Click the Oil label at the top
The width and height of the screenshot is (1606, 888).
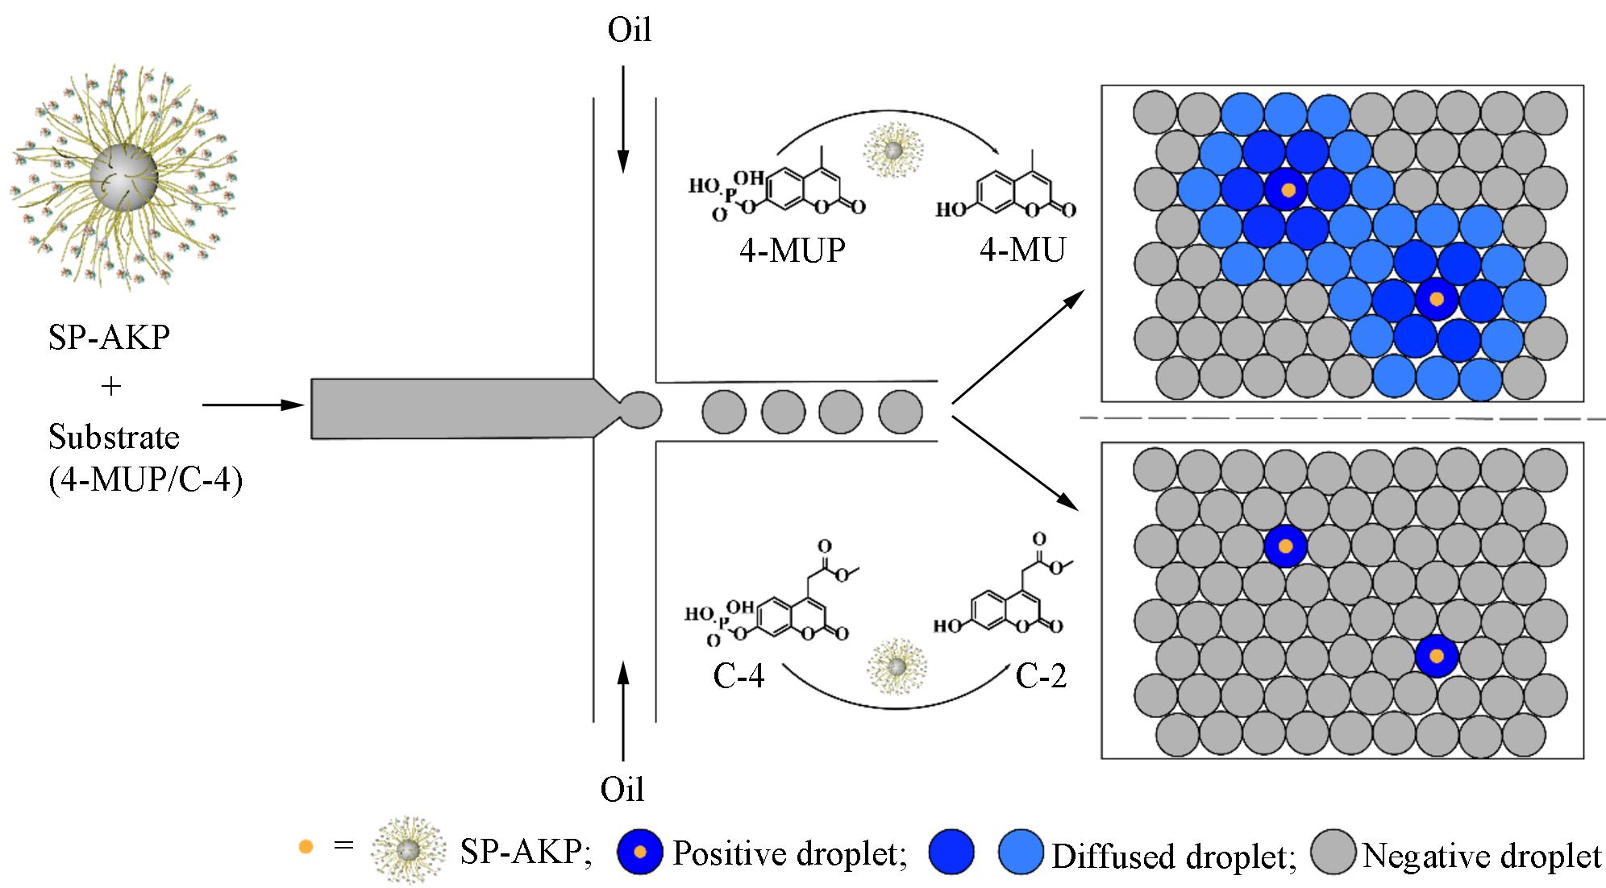click(629, 31)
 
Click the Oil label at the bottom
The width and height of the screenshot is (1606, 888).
click(622, 790)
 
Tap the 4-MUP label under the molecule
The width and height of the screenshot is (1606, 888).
click(792, 251)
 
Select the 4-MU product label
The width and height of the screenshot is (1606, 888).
click(1021, 251)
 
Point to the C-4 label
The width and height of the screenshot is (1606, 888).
click(738, 676)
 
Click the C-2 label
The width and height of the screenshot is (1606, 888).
click(1041, 676)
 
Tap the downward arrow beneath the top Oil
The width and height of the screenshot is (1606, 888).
click(622, 121)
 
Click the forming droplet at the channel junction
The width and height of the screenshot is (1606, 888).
click(641, 409)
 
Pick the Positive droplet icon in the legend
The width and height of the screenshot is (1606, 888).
click(639, 852)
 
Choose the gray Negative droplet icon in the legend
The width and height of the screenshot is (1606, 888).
click(1333, 853)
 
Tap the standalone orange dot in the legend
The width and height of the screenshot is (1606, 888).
click(306, 848)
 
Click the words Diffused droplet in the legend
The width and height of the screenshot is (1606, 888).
click(1173, 856)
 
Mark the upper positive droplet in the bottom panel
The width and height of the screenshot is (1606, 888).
click(1286, 546)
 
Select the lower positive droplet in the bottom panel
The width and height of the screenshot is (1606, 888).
click(1436, 657)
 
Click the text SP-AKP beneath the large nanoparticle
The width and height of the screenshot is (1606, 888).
click(109, 338)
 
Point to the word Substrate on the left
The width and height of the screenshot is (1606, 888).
click(114, 438)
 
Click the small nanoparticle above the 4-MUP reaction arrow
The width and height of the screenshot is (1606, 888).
click(892, 150)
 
